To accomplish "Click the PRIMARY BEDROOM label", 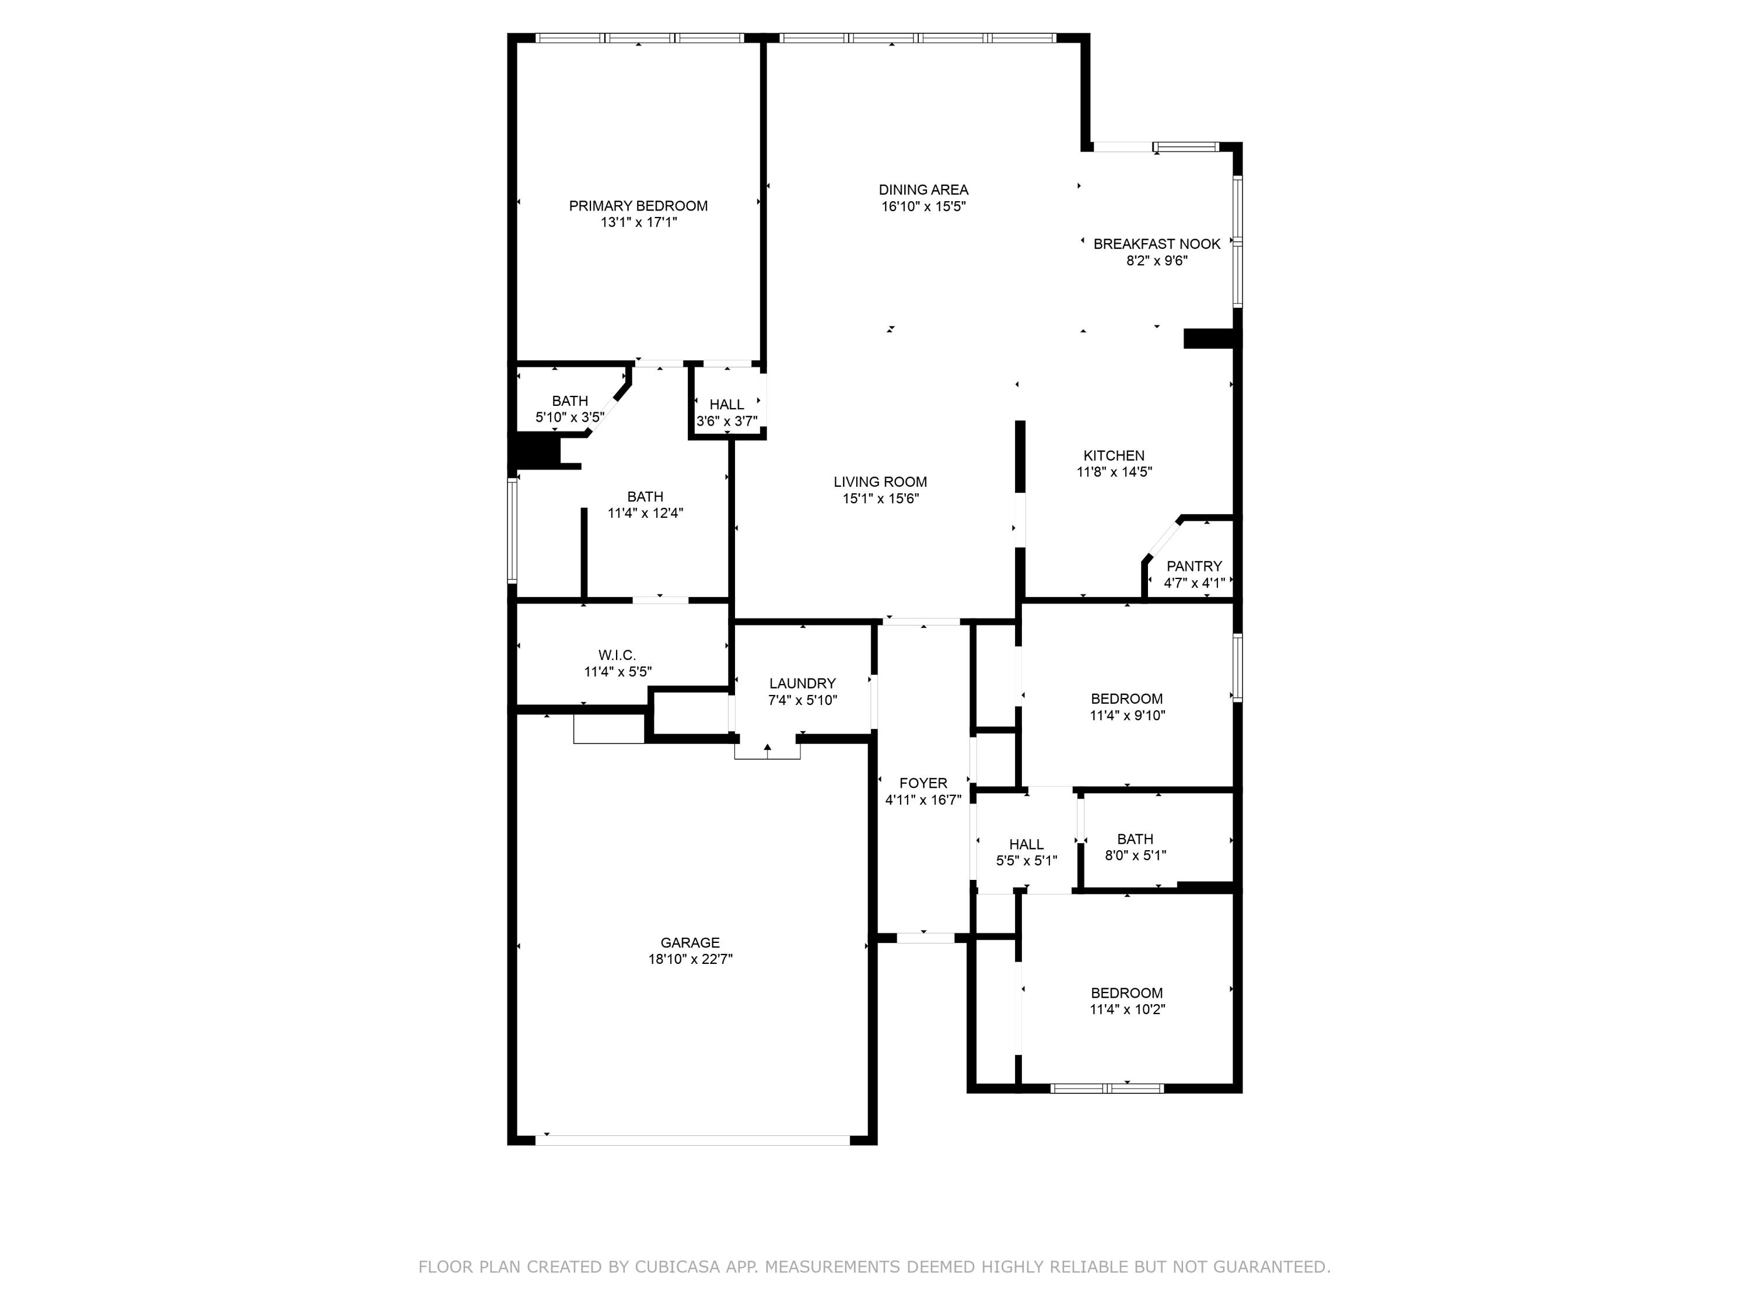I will coord(638,206).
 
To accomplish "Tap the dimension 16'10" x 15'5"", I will coord(923,206).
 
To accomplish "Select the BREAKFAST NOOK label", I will coord(1157,244).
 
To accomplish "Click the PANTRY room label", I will coord(1194,566).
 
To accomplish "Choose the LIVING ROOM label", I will coord(880,482).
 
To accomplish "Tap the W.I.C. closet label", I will coord(617,655).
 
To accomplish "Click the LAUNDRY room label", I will coord(802,683).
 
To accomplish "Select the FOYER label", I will coord(922,783).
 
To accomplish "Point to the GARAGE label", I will coord(690,943).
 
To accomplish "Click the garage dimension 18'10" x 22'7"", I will coord(690,959).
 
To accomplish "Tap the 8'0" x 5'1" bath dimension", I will coord(1135,855).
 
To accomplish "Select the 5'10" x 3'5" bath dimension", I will coord(569,417).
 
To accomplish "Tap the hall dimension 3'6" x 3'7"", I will coord(726,421).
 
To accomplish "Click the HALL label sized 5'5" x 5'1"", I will coord(1026,844).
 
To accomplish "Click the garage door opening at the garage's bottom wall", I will coord(692,1139).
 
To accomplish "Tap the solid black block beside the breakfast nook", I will coord(1209,338).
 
